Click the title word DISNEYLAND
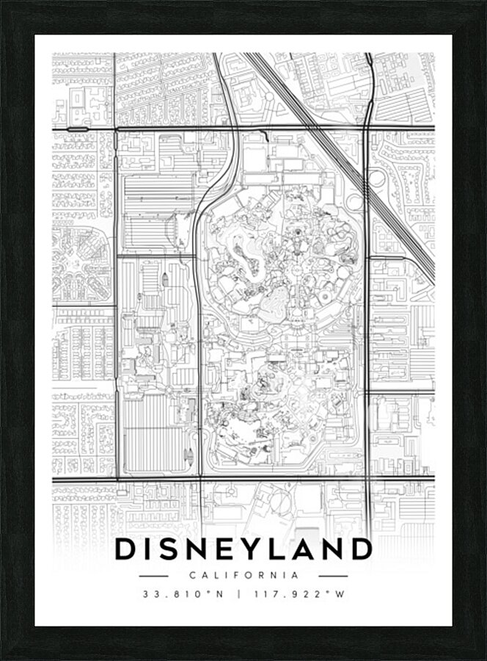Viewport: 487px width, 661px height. coord(243,549)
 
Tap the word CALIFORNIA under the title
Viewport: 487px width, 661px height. coord(243,576)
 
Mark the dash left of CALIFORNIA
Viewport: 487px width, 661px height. coord(153,576)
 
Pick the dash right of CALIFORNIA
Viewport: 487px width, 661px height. coord(332,576)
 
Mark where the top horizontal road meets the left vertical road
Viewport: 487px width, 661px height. coord(117,129)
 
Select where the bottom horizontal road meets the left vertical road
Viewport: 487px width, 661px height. coord(117,480)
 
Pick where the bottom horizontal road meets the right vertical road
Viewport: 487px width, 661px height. coord(366,480)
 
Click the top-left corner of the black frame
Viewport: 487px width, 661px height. coord(4,4)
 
